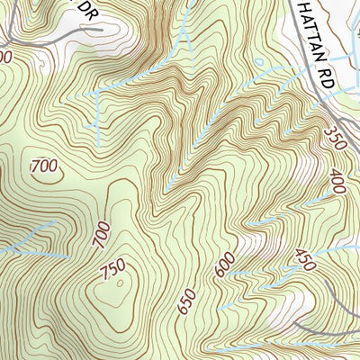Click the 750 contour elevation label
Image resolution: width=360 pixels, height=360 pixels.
114,270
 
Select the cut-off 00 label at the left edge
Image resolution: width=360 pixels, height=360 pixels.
5,56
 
